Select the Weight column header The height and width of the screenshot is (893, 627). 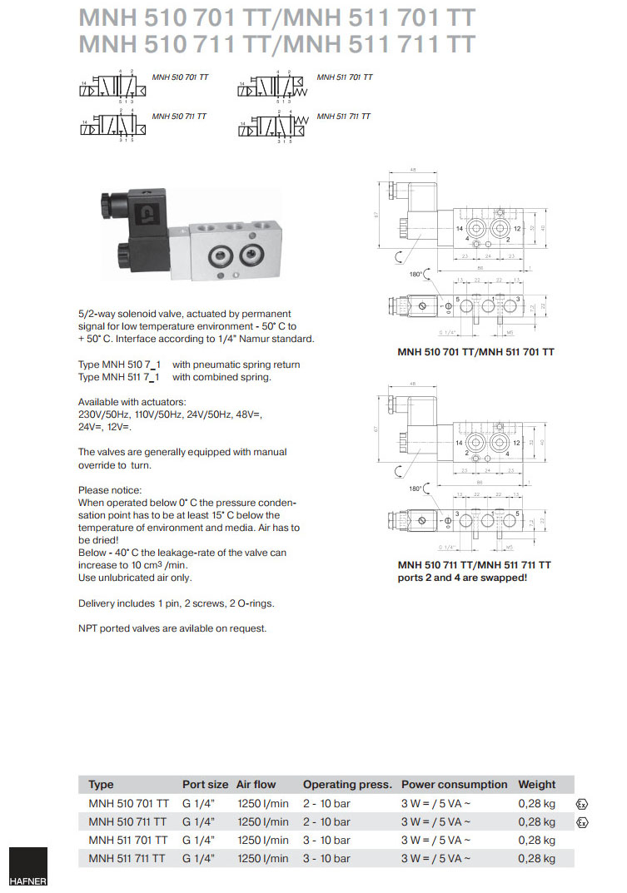click(x=536, y=784)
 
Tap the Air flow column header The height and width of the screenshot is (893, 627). click(x=256, y=784)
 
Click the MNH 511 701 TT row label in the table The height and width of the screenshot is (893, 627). click(x=128, y=840)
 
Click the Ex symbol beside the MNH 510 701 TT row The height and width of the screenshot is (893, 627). click(x=582, y=805)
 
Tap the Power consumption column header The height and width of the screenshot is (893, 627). click(x=454, y=784)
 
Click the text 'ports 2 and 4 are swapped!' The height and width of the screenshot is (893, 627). click(x=462, y=577)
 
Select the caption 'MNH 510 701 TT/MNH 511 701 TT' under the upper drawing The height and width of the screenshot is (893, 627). click(x=475, y=352)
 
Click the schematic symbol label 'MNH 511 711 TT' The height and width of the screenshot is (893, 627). click(x=343, y=117)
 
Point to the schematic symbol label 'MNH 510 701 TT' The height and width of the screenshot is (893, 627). click(x=180, y=77)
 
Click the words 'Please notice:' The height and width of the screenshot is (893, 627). click(x=110, y=489)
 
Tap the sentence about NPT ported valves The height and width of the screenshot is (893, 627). click(x=172, y=628)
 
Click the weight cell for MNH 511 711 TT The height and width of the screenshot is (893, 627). click(x=536, y=858)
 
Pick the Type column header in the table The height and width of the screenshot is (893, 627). click(x=101, y=784)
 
